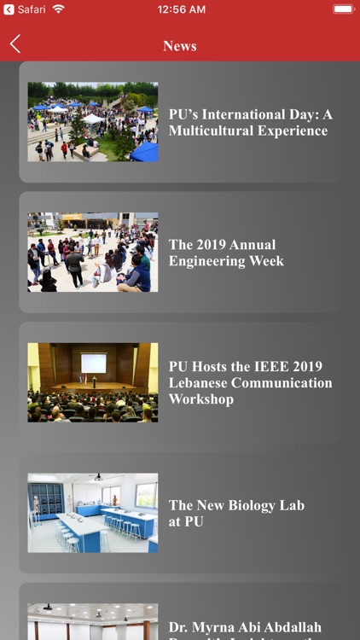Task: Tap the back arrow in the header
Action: pos(15,45)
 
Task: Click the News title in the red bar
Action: pos(180,46)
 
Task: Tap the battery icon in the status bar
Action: pos(344,9)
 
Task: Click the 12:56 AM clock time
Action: pos(181,9)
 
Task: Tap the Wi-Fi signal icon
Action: pos(58,9)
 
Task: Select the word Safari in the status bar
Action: pos(32,9)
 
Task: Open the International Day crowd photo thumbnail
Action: pos(92,122)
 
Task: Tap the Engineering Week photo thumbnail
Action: pos(92,253)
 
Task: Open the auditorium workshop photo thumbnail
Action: pos(92,382)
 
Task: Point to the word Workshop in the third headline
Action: pos(201,399)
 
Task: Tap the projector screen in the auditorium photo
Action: pos(93,364)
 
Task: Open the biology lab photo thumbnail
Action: pos(92,513)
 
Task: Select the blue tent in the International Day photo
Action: pos(145,152)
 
